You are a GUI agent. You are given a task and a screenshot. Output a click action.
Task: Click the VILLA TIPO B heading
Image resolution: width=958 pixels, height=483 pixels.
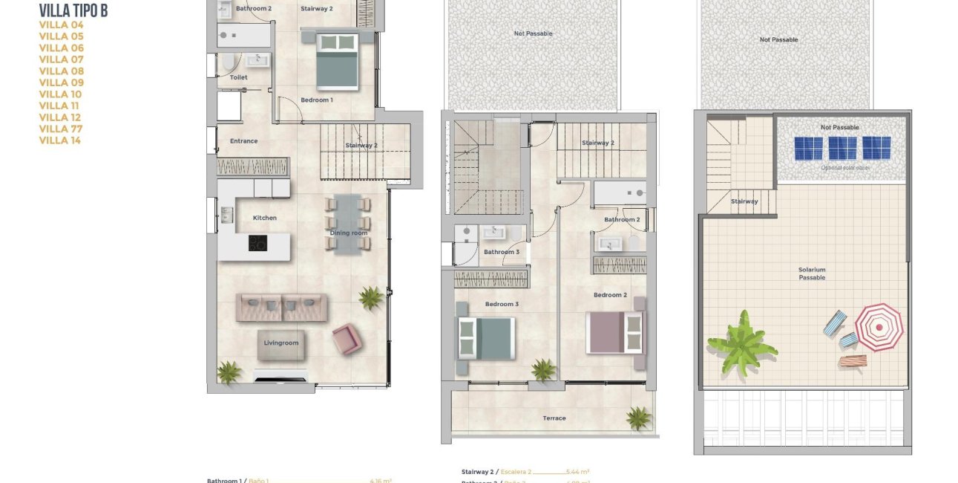coord(73,10)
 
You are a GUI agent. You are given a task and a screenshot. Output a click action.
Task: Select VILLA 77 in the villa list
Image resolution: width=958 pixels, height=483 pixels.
coord(60,129)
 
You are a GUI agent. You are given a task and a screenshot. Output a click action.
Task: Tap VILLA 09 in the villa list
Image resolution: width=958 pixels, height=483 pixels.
coord(61,82)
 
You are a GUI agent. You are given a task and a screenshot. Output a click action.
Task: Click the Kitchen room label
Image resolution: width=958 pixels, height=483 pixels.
coord(264,218)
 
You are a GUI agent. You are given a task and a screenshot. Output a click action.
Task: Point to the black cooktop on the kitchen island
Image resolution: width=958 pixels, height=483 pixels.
coord(257,243)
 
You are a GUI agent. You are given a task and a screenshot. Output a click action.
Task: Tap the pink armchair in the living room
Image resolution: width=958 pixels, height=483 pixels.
coord(347,340)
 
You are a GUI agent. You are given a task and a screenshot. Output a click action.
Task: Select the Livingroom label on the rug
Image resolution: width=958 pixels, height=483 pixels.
coord(281,343)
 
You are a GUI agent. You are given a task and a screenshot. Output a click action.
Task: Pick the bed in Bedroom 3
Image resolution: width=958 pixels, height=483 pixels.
coord(486,338)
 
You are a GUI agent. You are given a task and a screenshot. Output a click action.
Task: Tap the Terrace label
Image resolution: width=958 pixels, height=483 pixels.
coord(554,418)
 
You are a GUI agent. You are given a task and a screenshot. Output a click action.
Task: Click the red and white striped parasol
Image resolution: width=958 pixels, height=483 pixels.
coord(879,326)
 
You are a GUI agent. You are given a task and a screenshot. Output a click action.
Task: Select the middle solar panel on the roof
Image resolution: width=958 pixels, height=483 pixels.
coord(842,148)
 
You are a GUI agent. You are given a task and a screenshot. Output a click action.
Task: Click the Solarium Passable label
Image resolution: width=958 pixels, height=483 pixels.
coord(812,273)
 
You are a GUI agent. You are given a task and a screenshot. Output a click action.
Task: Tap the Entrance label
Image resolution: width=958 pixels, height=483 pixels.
coord(243,141)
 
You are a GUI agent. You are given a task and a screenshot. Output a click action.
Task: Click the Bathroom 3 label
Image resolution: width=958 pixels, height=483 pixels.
coord(502,252)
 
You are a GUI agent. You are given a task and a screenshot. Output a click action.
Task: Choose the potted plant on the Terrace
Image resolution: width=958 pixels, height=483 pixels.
coord(637,418)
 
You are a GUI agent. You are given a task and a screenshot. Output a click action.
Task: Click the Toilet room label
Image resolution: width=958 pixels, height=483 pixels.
coord(238,77)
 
